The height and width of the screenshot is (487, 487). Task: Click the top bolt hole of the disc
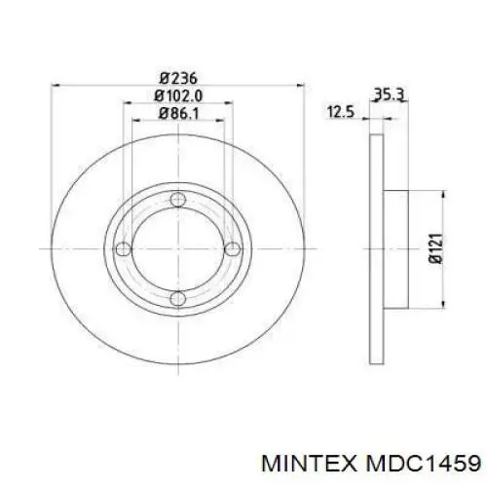point(175,201)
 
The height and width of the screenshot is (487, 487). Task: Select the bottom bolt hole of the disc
point(175,298)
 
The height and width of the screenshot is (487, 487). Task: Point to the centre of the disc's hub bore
point(175,249)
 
